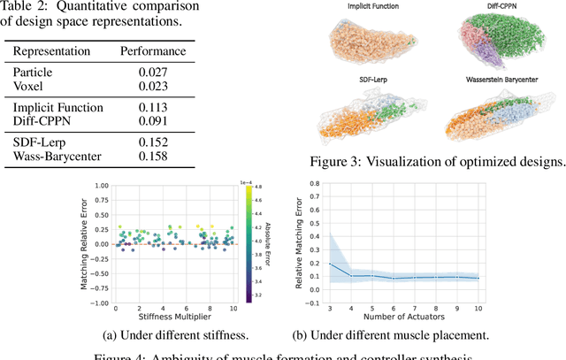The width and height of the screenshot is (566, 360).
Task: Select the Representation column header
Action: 53,51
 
